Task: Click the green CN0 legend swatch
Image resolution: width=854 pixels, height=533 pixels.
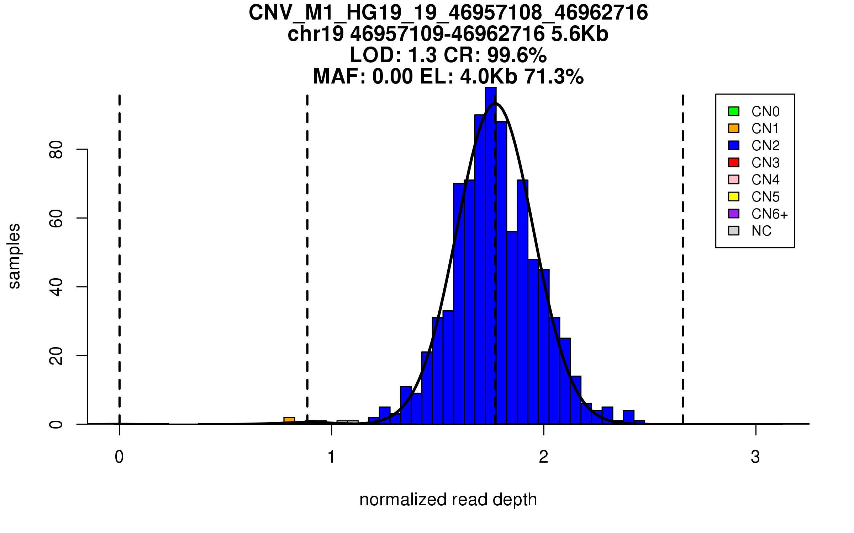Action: [x=733, y=111]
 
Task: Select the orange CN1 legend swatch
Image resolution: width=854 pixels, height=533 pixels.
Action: [x=733, y=128]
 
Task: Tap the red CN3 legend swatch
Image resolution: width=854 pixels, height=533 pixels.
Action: [x=733, y=162]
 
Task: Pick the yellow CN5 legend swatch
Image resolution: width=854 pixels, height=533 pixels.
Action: [x=733, y=196]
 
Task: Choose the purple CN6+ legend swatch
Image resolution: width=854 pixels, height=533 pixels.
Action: [x=733, y=214]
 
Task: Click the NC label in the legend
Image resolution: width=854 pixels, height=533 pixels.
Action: [x=761, y=231]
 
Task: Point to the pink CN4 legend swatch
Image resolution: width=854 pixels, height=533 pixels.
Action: [x=733, y=179]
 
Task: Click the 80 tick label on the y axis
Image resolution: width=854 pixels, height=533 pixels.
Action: [x=56, y=150]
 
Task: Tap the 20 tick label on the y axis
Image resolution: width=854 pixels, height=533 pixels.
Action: [x=56, y=356]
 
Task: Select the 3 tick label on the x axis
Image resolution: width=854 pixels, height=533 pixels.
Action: [x=755, y=457]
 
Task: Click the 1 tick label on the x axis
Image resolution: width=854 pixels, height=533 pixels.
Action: [x=331, y=457]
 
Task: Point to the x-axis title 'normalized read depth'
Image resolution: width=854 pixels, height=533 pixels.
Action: [x=448, y=500]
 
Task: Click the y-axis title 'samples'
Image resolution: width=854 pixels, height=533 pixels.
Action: [x=14, y=256]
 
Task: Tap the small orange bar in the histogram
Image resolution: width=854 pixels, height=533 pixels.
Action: [x=289, y=420]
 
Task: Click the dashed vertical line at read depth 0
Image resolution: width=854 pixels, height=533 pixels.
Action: [x=120, y=249]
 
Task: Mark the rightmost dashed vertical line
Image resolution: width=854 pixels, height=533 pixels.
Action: [x=682, y=249]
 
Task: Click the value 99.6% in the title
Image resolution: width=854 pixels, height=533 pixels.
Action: [x=517, y=55]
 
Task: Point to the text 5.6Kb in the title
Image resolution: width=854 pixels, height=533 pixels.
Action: [x=579, y=34]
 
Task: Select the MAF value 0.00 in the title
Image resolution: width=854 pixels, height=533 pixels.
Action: [x=393, y=76]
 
